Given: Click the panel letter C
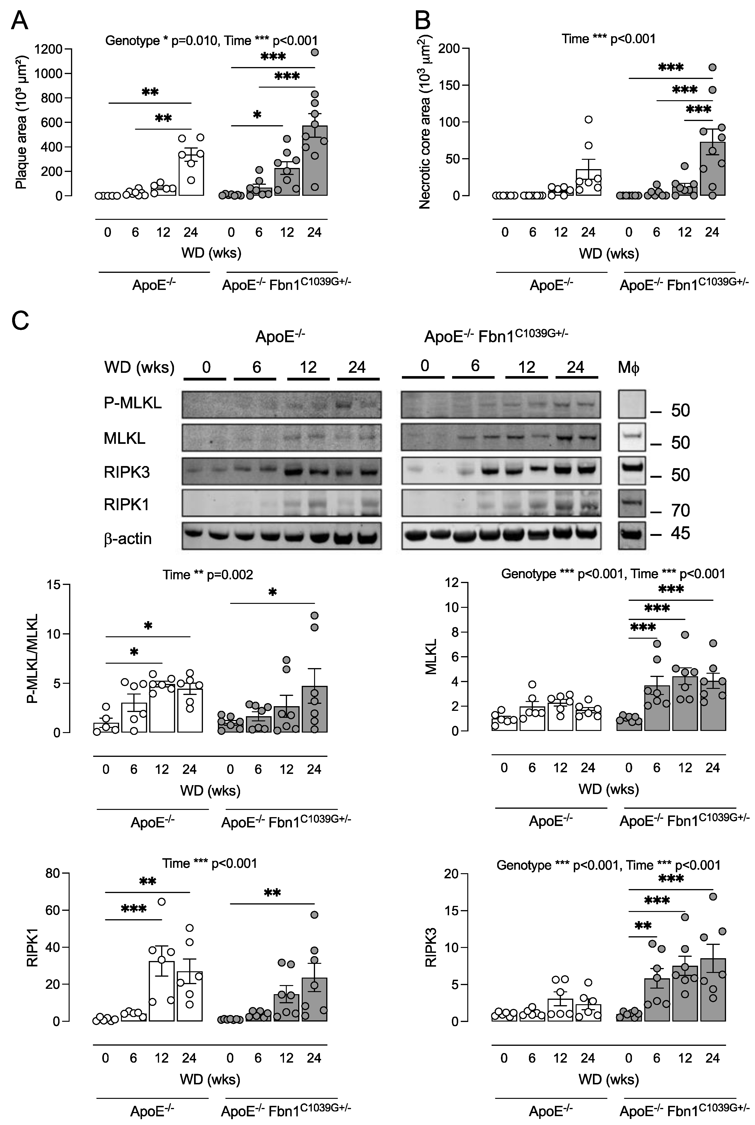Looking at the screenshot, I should point(20,320).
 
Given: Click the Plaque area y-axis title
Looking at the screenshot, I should point(21,123).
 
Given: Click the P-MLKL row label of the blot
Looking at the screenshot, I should point(132,403).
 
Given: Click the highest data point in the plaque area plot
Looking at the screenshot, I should point(315,53).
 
